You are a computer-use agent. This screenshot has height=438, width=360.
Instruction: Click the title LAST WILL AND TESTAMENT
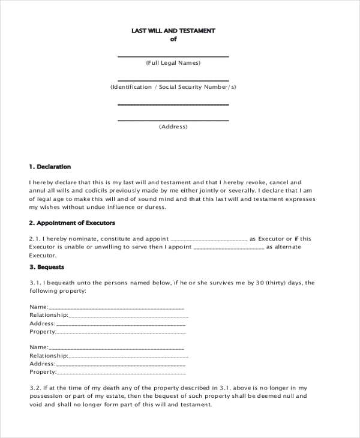pos(173,30)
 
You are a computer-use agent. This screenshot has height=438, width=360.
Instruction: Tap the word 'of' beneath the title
pos(173,40)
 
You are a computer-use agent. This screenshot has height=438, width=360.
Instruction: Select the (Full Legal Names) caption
pos(173,63)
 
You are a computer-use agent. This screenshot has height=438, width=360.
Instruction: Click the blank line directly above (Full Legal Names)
pos(173,56)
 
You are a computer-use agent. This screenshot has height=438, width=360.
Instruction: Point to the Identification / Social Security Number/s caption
pos(173,87)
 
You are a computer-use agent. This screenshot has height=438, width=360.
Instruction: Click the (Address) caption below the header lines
pos(173,127)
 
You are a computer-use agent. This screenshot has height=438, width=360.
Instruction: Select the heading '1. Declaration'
pos(50,166)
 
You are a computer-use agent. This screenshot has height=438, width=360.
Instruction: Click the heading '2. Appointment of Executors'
pos(71,223)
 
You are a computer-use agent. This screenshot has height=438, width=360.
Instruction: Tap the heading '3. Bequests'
pos(46,266)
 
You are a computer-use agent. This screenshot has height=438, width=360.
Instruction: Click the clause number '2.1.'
pos(35,238)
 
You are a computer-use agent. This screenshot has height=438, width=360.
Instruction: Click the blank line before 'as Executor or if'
pos(209,239)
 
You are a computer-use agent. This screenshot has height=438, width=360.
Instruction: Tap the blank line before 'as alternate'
pos(229,247)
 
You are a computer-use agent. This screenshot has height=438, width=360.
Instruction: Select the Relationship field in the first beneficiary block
pos(128,315)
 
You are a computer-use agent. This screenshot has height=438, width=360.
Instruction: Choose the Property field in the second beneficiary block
pos(121,372)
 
